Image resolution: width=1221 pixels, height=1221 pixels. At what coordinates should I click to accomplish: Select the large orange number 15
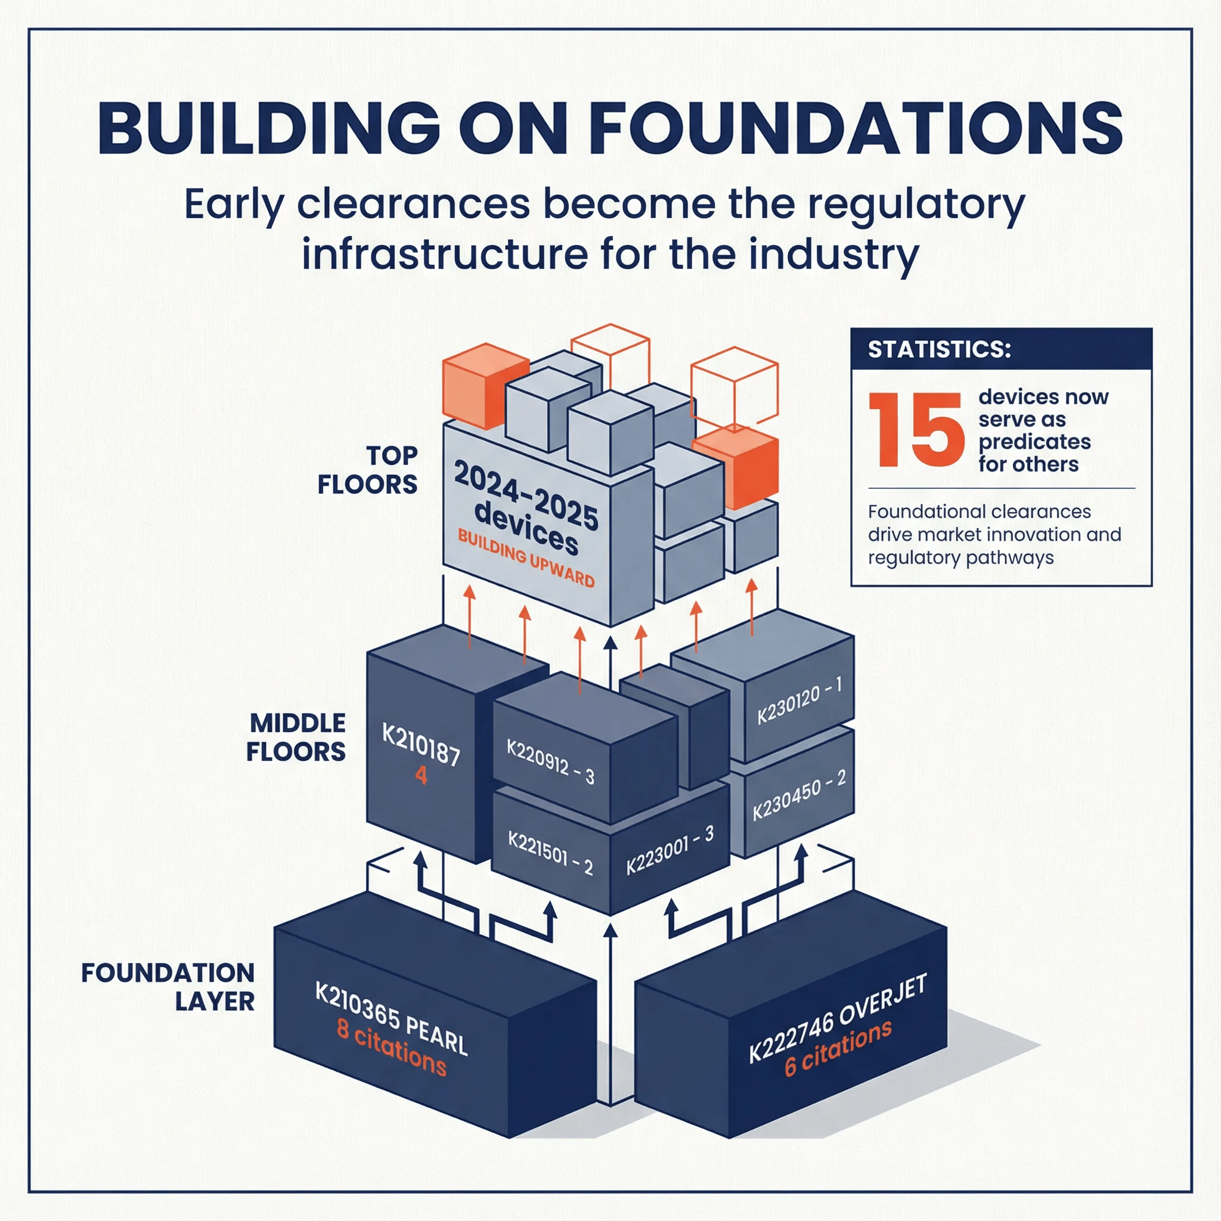916,430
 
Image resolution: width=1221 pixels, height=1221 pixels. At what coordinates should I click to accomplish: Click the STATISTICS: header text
939,349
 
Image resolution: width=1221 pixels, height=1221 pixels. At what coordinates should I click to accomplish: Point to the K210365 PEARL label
391,1018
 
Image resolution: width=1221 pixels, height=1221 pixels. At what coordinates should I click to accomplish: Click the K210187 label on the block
421,745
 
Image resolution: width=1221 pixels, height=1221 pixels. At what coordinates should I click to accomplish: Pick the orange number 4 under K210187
421,775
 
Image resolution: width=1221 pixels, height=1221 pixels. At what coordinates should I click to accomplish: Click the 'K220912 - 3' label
550,761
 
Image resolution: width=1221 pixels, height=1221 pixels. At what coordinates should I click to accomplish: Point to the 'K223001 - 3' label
670,851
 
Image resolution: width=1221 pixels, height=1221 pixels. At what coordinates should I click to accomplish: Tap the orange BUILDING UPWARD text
526,559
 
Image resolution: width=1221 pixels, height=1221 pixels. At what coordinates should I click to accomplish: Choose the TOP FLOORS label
367,470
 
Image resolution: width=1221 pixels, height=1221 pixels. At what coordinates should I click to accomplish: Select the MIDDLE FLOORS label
296,737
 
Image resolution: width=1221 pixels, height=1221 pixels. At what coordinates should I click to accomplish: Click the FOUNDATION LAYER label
168,987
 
